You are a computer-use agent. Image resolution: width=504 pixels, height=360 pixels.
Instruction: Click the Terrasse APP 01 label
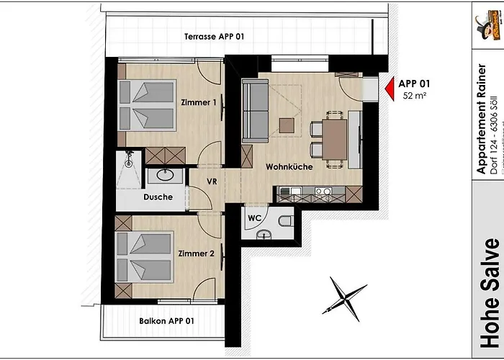tap(214, 37)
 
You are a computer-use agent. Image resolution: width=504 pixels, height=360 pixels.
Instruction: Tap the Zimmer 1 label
tap(199, 103)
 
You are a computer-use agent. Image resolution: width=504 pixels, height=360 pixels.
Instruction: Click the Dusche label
tap(157, 197)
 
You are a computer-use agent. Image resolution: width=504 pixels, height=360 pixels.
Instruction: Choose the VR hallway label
tap(212, 181)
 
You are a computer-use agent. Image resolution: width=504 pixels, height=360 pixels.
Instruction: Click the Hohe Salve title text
tap(490, 292)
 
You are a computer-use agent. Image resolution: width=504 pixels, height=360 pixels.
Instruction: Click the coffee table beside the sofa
tap(287, 125)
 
